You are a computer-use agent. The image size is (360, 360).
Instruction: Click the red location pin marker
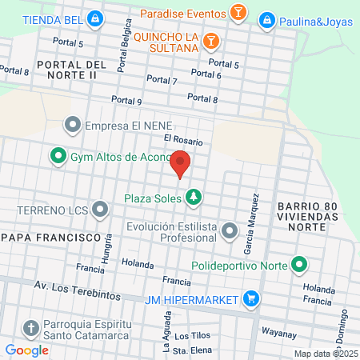tap(180, 164)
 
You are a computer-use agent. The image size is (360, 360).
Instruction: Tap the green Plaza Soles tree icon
tap(193, 196)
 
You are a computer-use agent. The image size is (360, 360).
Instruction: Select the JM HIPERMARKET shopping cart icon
tap(251, 299)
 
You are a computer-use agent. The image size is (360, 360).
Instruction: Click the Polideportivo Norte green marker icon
tap(300, 263)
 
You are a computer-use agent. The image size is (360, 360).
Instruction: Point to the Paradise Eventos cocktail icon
tap(238, 13)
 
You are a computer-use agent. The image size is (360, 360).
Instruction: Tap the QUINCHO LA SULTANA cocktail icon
tap(210, 40)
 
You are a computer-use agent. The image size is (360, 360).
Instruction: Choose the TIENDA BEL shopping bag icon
tap(95, 18)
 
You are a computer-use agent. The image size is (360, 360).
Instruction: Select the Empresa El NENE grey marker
tap(73, 126)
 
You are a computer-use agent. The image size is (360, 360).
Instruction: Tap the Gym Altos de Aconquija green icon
tap(58, 156)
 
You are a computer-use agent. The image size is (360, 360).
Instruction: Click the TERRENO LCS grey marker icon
tap(100, 210)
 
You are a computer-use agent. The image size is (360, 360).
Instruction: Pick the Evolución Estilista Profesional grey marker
tap(230, 232)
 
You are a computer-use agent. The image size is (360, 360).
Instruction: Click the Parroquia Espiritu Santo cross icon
tap(30, 328)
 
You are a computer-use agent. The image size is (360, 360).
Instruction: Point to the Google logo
tap(26, 350)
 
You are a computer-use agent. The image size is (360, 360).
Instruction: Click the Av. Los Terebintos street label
tap(77, 290)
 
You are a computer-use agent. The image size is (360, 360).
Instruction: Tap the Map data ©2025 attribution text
tap(326, 353)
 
